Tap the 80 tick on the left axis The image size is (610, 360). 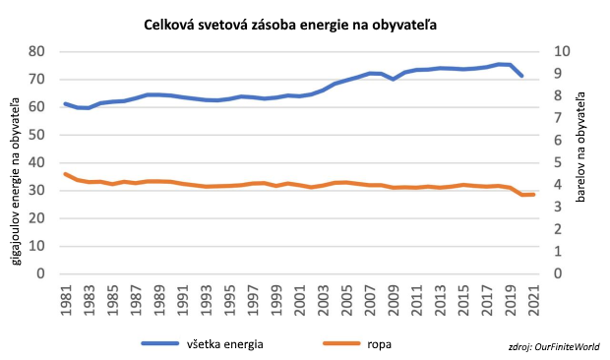click(37, 51)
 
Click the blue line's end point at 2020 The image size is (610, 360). click(522, 76)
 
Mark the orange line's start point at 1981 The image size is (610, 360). click(65, 174)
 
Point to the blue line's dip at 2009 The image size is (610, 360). click(394, 79)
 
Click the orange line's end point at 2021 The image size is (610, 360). click(534, 195)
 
